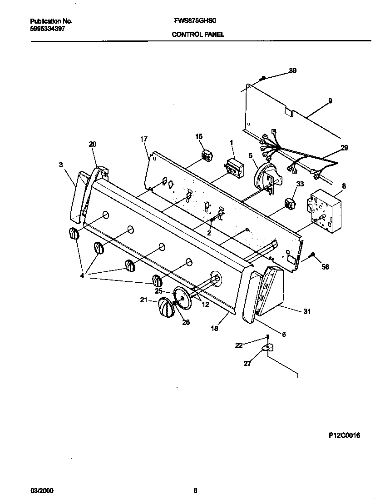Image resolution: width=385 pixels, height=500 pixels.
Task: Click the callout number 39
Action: tap(293, 70)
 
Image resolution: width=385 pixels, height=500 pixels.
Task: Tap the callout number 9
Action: tap(330, 100)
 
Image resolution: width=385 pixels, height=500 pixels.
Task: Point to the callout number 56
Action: tap(325, 267)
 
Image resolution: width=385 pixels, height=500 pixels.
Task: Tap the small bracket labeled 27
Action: tap(268, 348)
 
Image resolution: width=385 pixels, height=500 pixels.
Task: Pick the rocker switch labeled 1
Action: tap(235, 166)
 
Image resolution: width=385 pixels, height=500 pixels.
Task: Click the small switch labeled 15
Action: tap(208, 156)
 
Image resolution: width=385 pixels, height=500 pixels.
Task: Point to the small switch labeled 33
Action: tap(289, 203)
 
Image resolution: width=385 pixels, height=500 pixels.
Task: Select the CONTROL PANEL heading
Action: tap(197, 35)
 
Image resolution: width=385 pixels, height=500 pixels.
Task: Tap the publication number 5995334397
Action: tap(48, 28)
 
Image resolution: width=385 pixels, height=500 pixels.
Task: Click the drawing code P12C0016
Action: tap(344, 435)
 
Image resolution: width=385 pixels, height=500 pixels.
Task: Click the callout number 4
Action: tap(82, 275)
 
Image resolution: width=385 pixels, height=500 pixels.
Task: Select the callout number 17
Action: tap(144, 140)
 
